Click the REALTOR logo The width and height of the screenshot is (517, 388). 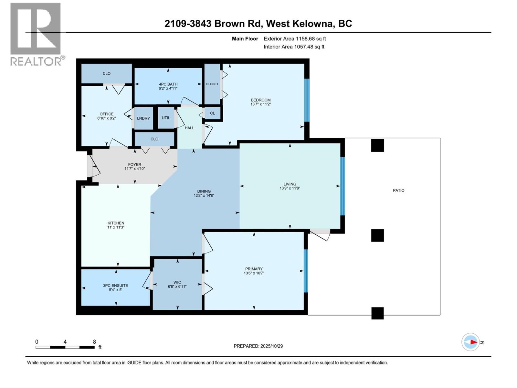(x=36, y=34)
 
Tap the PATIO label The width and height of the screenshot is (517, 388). (x=398, y=190)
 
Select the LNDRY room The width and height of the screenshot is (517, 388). (x=143, y=118)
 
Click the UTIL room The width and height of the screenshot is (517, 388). (x=166, y=118)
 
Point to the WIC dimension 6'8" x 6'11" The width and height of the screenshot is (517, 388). (x=177, y=286)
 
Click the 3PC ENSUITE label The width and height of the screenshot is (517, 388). (x=115, y=286)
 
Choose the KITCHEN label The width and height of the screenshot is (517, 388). (x=116, y=223)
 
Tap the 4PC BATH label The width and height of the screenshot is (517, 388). (x=168, y=84)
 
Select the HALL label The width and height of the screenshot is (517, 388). (x=189, y=128)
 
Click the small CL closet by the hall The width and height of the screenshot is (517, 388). (x=212, y=113)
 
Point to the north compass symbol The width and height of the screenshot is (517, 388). (x=471, y=342)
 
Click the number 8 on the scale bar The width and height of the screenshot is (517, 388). (x=94, y=341)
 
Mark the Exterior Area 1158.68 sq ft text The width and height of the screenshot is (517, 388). (x=295, y=39)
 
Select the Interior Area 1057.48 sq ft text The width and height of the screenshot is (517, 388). (x=294, y=47)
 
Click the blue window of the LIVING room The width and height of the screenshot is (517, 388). (x=343, y=186)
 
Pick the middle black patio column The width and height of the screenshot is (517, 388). (x=377, y=235)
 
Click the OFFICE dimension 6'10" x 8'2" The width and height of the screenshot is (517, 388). (x=107, y=118)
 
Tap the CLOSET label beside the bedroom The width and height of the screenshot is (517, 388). (x=212, y=84)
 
